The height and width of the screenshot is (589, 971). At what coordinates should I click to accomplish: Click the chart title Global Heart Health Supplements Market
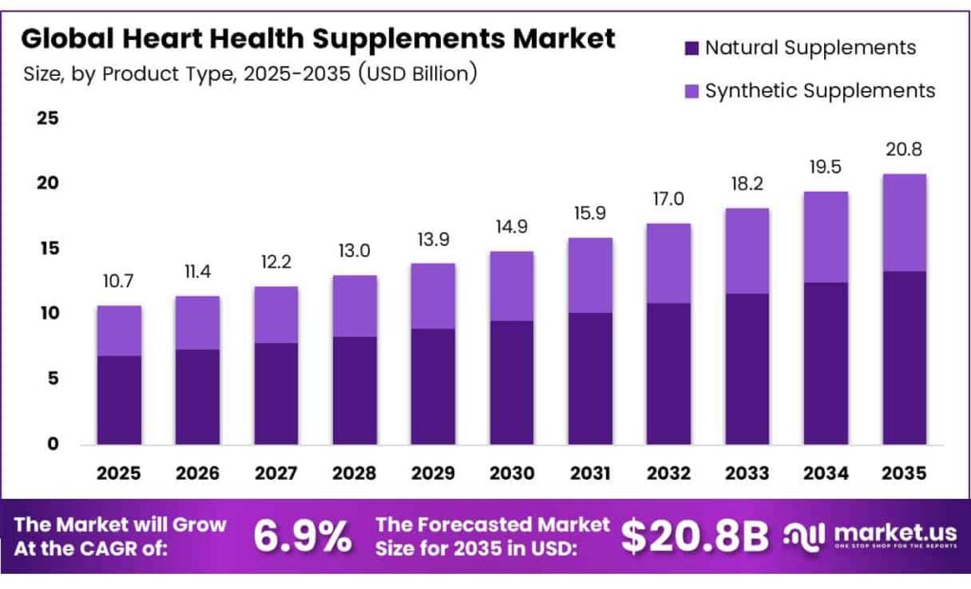tap(318, 39)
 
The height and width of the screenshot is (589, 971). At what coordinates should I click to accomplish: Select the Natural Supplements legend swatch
tap(688, 47)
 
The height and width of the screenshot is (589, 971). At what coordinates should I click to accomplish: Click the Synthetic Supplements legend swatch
tap(688, 90)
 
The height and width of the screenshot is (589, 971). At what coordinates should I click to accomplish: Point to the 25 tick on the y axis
tap(47, 119)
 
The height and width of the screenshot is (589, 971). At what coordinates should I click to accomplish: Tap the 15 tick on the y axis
tap(47, 248)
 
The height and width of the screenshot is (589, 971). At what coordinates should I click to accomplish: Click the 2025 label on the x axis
tap(119, 472)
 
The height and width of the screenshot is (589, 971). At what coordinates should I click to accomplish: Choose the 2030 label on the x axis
tap(511, 472)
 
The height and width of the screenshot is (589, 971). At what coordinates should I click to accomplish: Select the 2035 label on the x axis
tap(904, 472)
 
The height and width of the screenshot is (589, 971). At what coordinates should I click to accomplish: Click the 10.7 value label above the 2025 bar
tap(119, 284)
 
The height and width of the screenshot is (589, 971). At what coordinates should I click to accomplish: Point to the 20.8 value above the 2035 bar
tap(904, 150)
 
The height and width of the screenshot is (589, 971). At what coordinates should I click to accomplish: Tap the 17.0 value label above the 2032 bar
tap(669, 200)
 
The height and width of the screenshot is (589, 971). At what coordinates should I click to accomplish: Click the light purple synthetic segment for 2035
tap(904, 223)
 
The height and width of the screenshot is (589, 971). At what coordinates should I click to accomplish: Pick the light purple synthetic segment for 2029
tap(432, 296)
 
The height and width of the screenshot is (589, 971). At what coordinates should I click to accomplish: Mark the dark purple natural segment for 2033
tap(747, 369)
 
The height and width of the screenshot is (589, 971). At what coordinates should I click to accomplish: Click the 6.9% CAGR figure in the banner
tap(302, 537)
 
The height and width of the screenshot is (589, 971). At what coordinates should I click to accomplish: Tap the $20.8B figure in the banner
tap(694, 537)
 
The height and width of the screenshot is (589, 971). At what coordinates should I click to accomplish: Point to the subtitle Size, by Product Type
tap(249, 74)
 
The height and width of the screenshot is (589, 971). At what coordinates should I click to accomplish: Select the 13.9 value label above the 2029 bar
tap(432, 241)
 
